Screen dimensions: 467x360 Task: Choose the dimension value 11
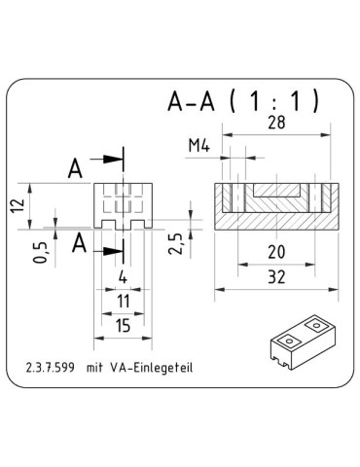123,303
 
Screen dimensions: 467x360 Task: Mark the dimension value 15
123,328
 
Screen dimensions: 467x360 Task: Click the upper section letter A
76,167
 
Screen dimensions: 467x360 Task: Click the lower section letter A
76,240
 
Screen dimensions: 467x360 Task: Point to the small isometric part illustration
301,342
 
